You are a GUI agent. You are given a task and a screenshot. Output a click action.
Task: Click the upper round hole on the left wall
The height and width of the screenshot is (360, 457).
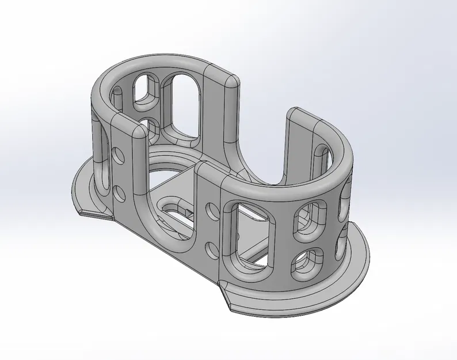119,155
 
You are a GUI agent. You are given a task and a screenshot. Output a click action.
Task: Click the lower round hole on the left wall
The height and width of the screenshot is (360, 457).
120,191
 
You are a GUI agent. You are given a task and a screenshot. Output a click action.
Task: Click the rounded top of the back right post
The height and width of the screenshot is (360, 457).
230,80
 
